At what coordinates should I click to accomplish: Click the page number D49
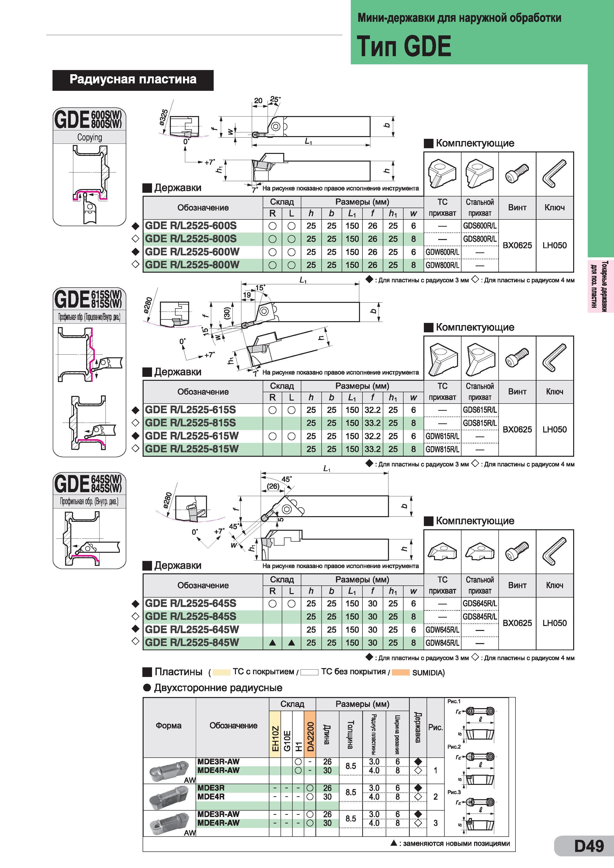[589, 846]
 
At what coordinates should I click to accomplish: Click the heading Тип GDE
[404, 46]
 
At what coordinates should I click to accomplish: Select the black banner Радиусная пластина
[133, 80]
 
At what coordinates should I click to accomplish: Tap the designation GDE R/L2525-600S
[191, 226]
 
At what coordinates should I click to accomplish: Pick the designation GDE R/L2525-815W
[192, 449]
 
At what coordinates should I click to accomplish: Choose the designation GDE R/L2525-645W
[192, 629]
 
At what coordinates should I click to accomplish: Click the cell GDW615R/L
[442, 436]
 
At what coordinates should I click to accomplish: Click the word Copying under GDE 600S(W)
[90, 137]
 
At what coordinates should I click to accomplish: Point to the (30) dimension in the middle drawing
[227, 312]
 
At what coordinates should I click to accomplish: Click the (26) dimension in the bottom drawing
[273, 486]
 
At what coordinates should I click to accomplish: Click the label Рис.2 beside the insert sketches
[454, 747]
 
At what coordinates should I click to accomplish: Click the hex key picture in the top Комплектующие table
[555, 174]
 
